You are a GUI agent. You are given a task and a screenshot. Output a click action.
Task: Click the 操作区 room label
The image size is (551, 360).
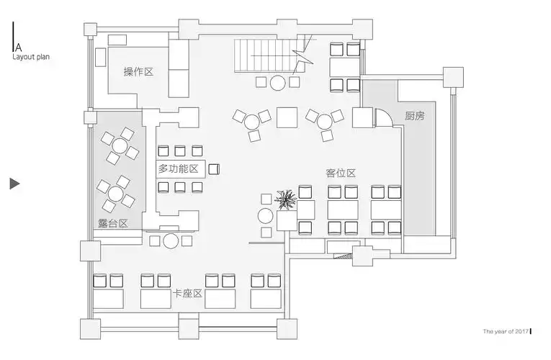click(138, 72)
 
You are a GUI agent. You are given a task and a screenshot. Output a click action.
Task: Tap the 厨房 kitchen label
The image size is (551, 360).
click(415, 115)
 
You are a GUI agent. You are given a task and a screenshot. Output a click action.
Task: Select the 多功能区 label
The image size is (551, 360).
click(179, 169)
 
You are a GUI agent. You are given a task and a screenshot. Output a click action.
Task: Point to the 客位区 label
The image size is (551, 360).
click(341, 173)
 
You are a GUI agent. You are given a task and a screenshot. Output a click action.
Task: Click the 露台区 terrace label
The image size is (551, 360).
click(112, 223)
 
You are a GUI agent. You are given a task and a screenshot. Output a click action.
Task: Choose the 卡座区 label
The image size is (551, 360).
click(187, 293)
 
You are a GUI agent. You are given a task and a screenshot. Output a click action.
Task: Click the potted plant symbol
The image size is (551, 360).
click(286, 199)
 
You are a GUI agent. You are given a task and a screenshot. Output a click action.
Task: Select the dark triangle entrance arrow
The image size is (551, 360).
click(14, 184)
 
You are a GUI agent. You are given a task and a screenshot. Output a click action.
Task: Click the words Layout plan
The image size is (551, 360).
click(31, 57)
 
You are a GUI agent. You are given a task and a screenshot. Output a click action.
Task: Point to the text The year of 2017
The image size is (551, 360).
click(506, 331)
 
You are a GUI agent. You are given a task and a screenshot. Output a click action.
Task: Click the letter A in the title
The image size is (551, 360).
click(18, 47)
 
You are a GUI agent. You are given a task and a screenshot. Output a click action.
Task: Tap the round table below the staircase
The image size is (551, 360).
click(277, 83)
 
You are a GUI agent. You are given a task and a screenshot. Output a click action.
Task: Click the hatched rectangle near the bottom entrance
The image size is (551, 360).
click(343, 256)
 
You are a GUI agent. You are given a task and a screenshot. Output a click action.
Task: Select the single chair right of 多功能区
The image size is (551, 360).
click(214, 169)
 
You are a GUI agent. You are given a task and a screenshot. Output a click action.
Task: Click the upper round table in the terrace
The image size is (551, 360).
click(120, 145)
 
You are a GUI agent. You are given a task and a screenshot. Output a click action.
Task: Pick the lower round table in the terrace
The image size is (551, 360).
click(116, 194)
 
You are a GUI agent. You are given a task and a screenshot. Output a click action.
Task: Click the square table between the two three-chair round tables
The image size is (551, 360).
click(287, 117)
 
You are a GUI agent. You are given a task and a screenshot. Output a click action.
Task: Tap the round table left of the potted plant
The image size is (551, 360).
click(265, 216)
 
